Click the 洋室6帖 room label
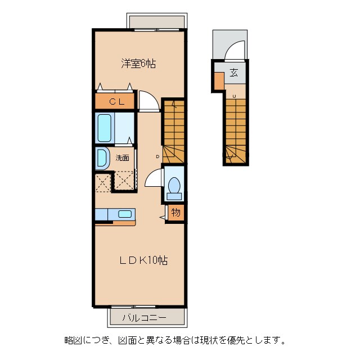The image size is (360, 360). [138, 64]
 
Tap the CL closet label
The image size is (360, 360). [116, 102]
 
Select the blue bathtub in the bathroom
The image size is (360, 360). [105, 128]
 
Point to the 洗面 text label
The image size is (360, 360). [122, 158]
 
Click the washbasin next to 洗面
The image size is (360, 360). [102, 158]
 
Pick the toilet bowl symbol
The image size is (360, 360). [174, 186]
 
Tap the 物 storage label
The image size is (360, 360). [175, 213]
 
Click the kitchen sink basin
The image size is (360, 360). [125, 214]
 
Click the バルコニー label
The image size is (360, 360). [145, 318]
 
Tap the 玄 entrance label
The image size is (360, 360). [233, 72]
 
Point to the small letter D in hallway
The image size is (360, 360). [158, 156]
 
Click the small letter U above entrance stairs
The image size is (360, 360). [233, 96]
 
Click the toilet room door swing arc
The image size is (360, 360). [153, 179]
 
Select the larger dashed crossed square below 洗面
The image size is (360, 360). [125, 181]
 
